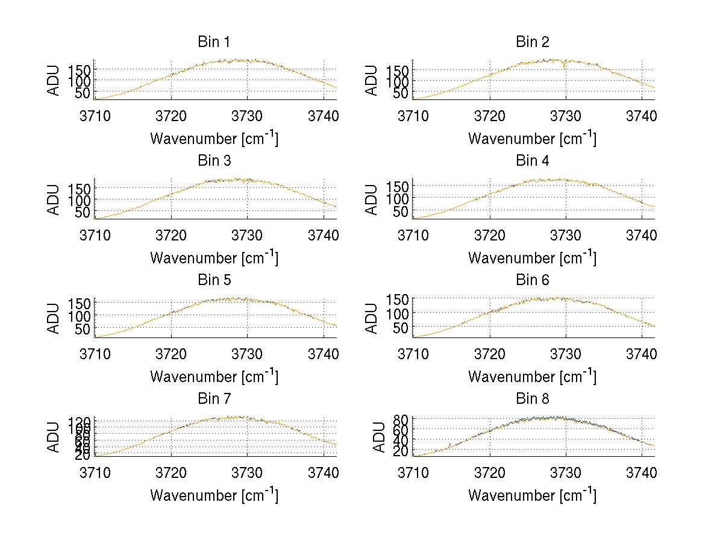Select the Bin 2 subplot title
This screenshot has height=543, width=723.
532,42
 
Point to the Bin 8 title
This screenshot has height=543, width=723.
532,399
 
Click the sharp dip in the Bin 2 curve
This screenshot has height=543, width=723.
565,66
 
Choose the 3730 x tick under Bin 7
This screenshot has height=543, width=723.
248,472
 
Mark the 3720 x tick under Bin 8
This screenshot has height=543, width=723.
489,472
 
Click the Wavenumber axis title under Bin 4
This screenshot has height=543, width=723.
532,257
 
